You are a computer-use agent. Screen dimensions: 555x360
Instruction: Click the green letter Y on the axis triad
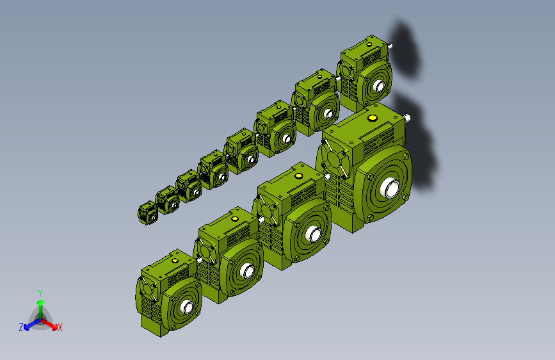(40, 293)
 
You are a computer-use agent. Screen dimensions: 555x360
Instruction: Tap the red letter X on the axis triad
(60, 328)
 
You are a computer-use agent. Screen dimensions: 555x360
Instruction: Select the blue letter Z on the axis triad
(21, 327)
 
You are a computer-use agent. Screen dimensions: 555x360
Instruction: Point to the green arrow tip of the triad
(41, 302)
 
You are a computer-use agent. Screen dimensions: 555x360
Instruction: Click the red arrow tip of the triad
(54, 327)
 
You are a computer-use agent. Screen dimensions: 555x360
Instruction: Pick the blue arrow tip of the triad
(26, 327)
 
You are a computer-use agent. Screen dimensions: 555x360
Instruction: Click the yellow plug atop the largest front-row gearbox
(372, 118)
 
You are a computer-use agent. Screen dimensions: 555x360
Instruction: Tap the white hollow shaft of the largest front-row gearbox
(390, 188)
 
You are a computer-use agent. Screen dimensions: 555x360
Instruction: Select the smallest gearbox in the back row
(148, 213)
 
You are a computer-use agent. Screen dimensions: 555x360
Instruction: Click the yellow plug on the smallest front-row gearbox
(175, 261)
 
